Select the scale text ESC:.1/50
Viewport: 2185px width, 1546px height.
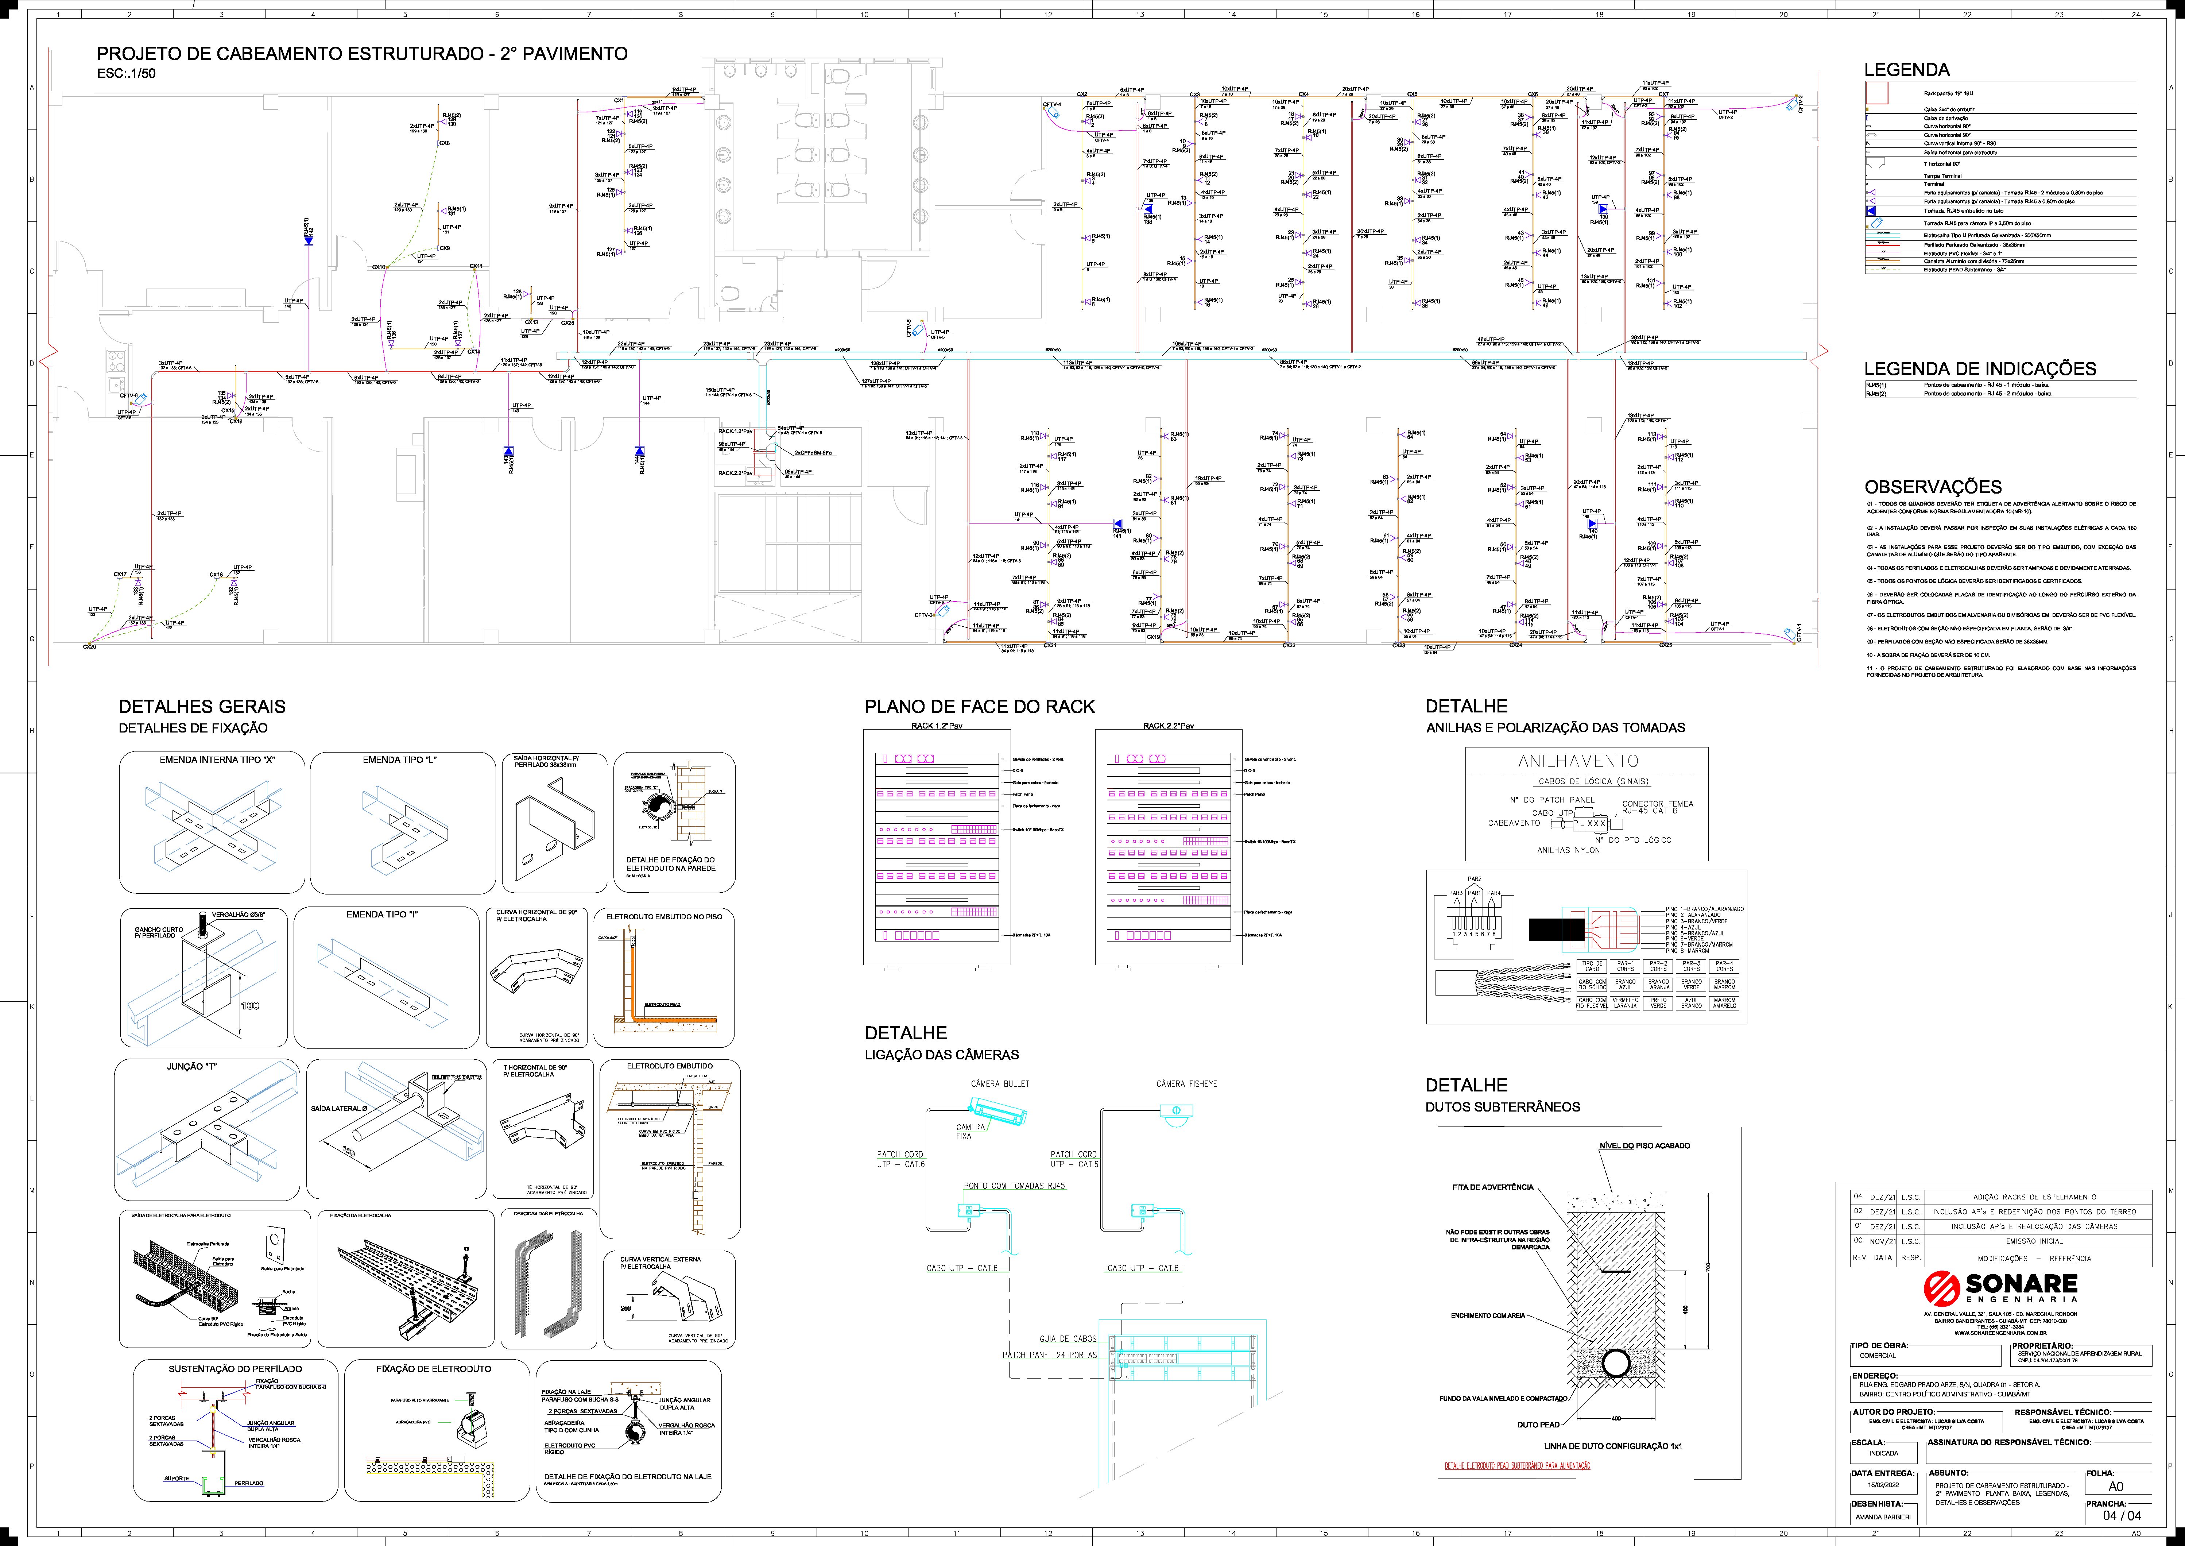coord(127,73)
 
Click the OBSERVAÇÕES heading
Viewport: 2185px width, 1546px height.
coord(1932,487)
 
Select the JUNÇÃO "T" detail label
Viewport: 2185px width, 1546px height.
coord(192,1067)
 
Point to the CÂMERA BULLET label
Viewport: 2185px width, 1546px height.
coord(999,1083)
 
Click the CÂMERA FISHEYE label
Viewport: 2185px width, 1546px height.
coord(1186,1083)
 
